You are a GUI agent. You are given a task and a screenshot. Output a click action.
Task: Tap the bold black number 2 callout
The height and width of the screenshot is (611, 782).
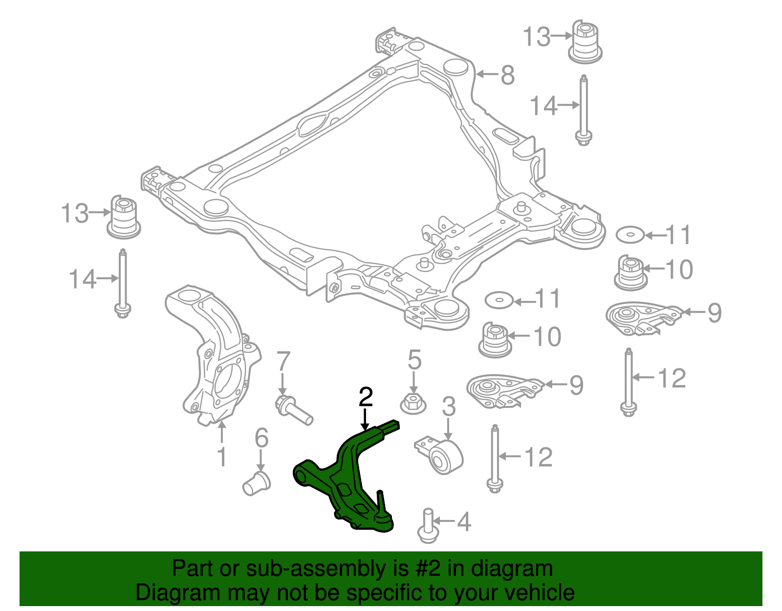(366, 397)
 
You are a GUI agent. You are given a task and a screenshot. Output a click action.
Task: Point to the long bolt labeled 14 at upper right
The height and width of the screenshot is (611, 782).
(583, 110)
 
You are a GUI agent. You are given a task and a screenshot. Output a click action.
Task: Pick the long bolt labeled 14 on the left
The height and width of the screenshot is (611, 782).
(123, 284)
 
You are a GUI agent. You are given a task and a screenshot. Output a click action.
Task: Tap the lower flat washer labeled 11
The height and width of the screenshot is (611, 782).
(499, 300)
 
